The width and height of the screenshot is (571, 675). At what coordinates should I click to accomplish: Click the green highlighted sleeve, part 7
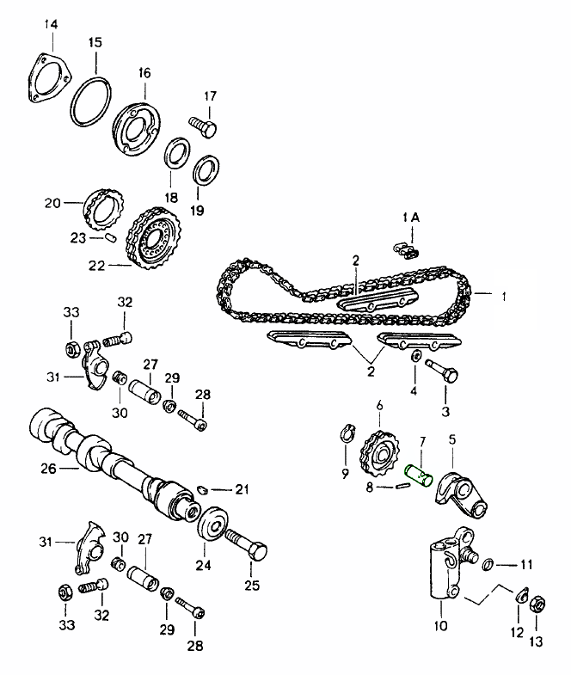pyautogui.click(x=419, y=476)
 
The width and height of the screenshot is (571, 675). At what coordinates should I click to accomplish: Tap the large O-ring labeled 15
pyautogui.click(x=91, y=104)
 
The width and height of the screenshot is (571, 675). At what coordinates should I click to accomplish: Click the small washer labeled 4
pyautogui.click(x=416, y=356)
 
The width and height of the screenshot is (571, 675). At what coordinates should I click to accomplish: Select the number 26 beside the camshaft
pyautogui.click(x=48, y=469)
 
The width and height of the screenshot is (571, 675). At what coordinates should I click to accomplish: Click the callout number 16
pyautogui.click(x=144, y=74)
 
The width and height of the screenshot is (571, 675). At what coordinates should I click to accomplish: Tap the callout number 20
pyautogui.click(x=52, y=204)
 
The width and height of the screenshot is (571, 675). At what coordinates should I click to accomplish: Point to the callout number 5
pyautogui.click(x=452, y=439)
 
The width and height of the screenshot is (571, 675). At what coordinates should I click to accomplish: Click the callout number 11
pyautogui.click(x=525, y=565)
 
